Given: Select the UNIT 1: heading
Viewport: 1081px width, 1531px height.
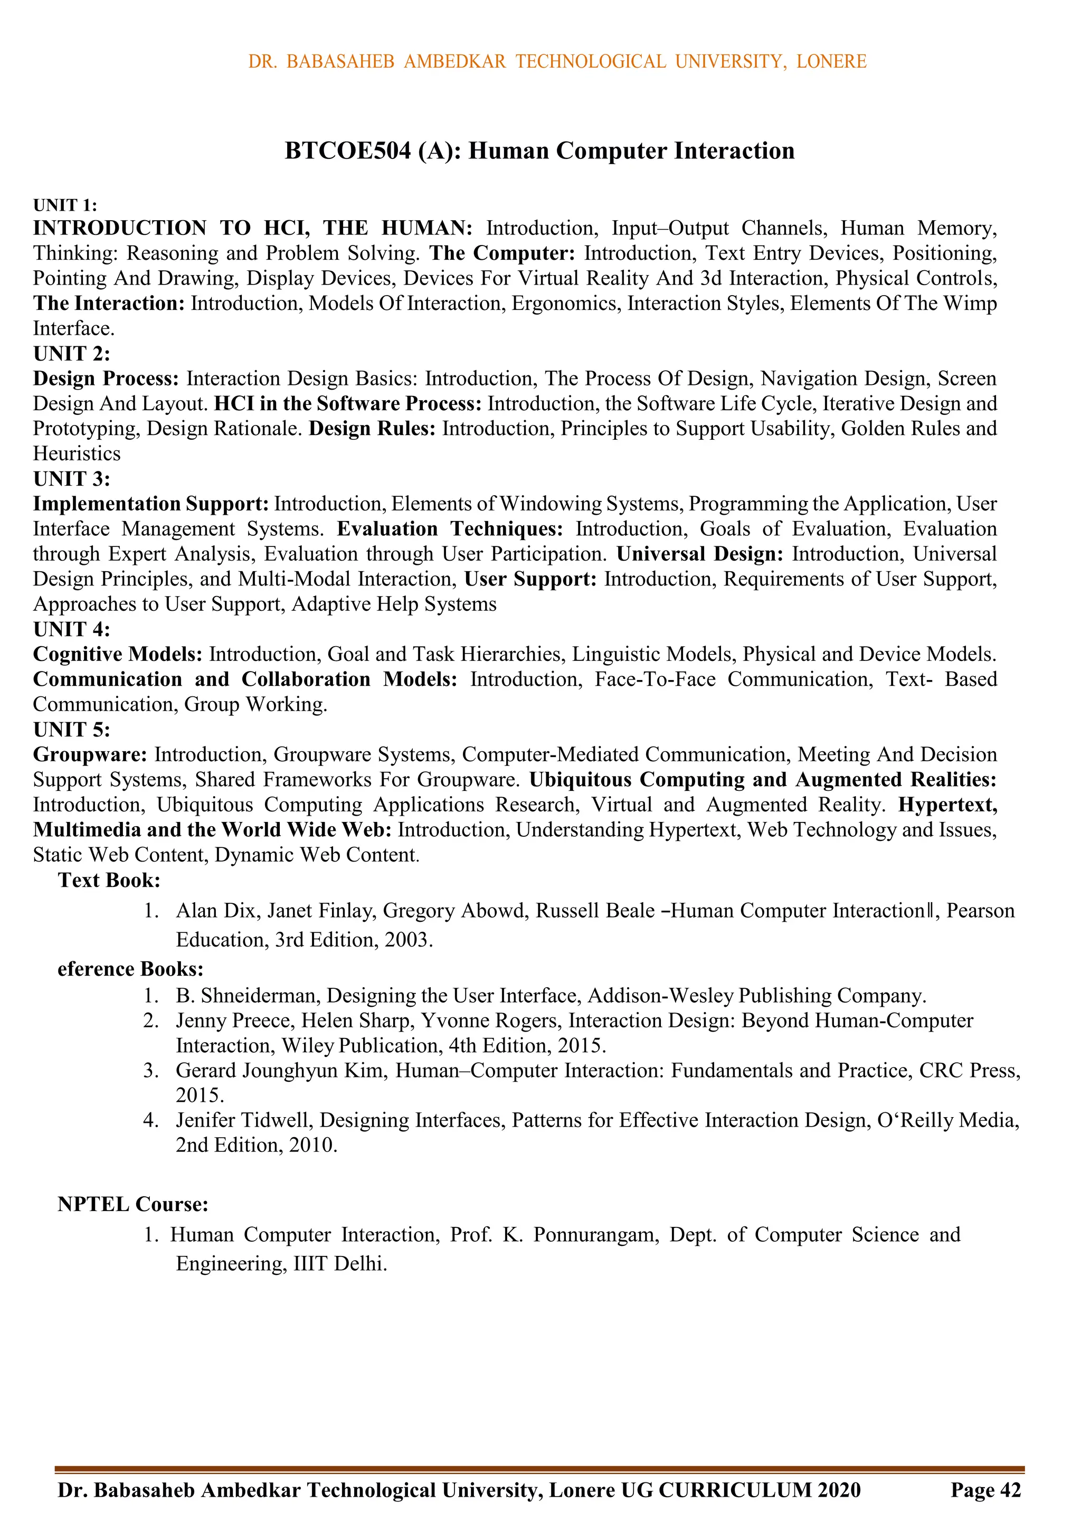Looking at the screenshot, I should coord(65,205).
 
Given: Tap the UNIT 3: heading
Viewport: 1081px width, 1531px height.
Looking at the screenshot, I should coord(71,479).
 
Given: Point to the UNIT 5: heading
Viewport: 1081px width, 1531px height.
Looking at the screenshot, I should coord(71,730).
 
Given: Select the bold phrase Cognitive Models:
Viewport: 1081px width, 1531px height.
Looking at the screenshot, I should coord(117,654).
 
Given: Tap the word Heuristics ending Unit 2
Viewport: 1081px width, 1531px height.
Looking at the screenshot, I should coord(77,454).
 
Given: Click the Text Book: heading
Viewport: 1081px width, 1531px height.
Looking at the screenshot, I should coord(109,880).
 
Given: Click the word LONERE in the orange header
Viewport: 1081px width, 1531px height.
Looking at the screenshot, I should coord(831,61).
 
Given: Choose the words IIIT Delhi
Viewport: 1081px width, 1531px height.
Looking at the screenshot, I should coord(339,1264).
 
